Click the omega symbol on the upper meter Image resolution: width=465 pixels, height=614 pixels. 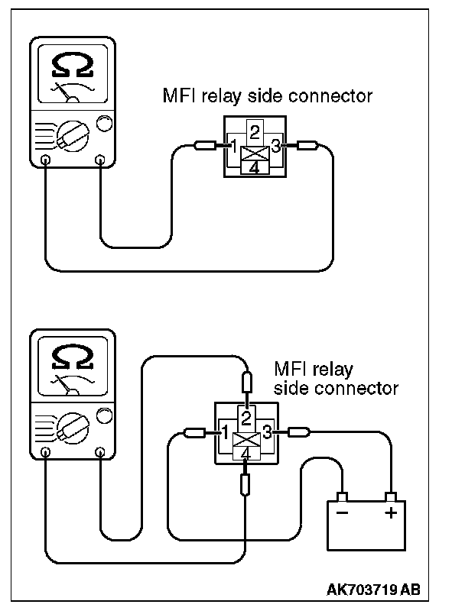[73, 65]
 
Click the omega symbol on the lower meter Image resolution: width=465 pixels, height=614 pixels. [73, 357]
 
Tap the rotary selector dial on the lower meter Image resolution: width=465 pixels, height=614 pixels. [73, 428]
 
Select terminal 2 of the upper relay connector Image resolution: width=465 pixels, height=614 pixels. [255, 132]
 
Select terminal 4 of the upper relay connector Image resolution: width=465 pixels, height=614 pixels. [255, 168]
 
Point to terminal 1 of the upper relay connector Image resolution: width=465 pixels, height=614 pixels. [233, 147]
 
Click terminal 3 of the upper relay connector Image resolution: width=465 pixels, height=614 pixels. [276, 147]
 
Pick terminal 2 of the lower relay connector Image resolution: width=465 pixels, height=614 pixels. [246, 418]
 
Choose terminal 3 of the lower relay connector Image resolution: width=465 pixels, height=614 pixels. [267, 432]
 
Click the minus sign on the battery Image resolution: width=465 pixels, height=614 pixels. [342, 512]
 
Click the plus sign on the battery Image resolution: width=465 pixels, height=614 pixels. [391, 512]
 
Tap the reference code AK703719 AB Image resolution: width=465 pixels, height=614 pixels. [373, 590]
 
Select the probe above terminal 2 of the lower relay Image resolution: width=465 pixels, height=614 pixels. [247, 382]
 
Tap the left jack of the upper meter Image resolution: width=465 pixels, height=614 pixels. [46, 160]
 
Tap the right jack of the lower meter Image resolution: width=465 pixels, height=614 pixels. [100, 452]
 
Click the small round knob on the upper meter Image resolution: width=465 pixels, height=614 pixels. [104, 124]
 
